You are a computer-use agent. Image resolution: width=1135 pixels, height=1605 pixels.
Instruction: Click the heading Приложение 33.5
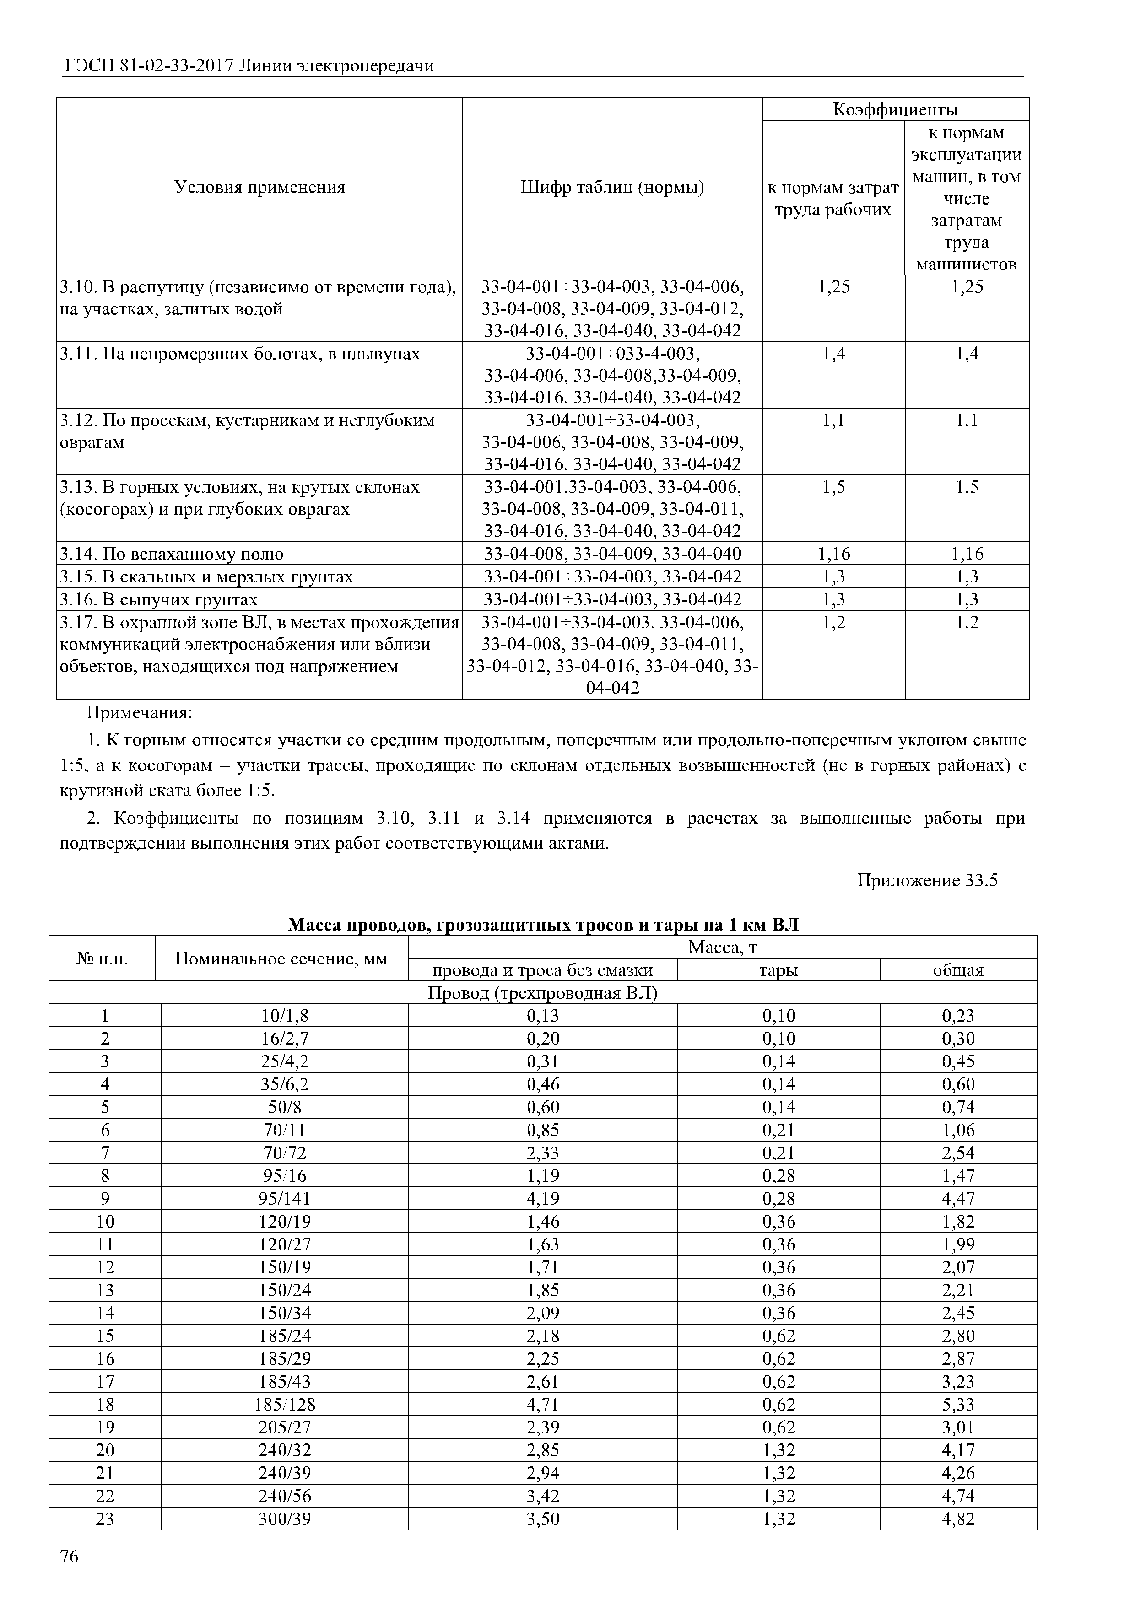tap(927, 880)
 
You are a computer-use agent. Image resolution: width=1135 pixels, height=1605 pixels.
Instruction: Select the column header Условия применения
tap(259, 187)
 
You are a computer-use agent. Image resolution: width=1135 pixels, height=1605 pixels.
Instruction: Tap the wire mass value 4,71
tap(543, 1405)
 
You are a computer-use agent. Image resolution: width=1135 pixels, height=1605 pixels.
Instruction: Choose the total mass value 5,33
tap(957, 1405)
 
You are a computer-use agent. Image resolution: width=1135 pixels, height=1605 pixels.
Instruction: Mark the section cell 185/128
tap(284, 1405)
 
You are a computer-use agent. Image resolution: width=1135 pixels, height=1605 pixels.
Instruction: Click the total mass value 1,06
tap(957, 1131)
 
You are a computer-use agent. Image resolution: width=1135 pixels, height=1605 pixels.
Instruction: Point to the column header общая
tap(957, 970)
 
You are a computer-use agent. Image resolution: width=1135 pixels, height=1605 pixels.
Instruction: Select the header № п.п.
tap(102, 959)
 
